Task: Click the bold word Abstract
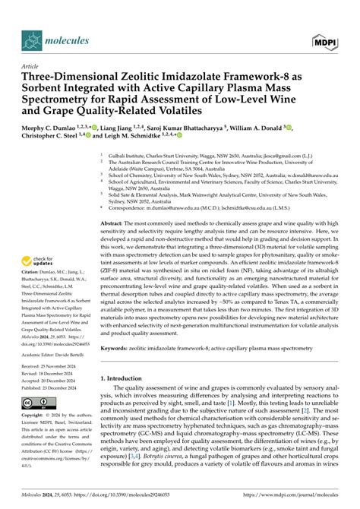(113, 224)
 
